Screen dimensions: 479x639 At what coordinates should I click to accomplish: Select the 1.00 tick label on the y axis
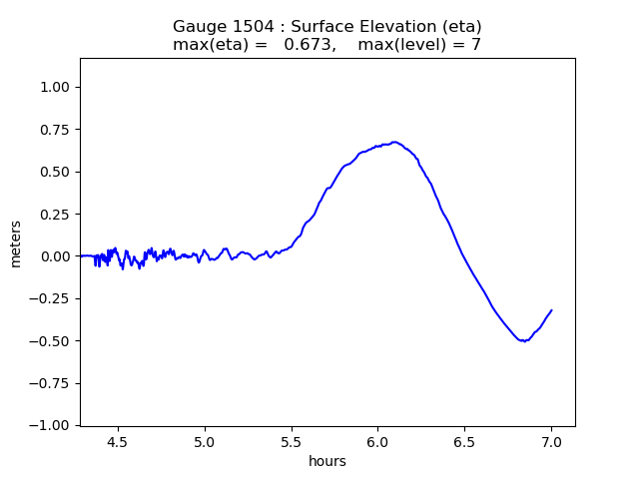coord(54,87)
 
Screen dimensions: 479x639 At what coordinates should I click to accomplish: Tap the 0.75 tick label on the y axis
coord(54,130)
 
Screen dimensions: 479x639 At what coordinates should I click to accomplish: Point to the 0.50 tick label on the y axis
coord(54,172)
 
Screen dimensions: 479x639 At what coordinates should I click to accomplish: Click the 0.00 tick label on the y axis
coord(54,256)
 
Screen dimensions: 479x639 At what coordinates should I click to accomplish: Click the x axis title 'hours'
coord(327,460)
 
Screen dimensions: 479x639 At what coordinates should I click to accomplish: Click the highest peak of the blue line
coord(394,142)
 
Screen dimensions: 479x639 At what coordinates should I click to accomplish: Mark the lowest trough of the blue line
coord(523,341)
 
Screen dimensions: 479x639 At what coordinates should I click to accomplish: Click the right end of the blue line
coord(551,310)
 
